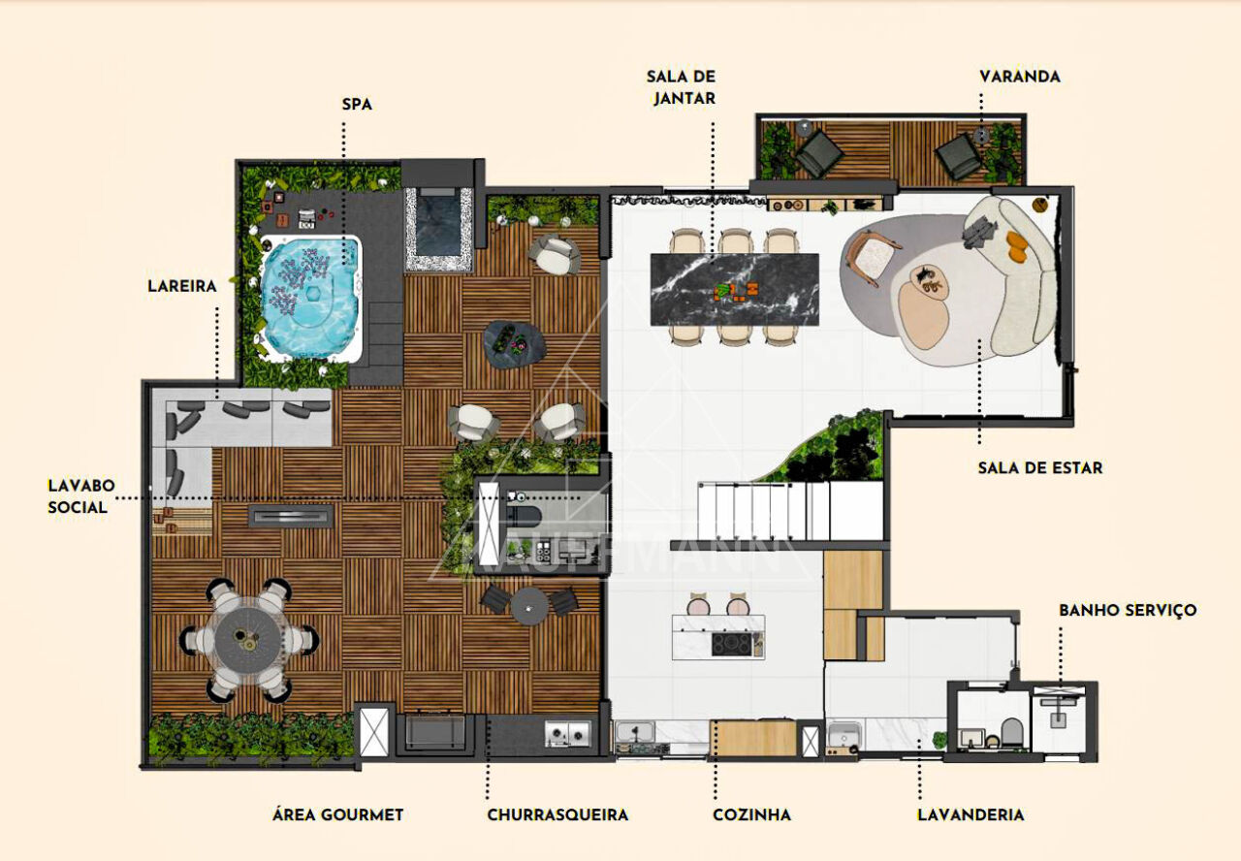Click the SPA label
click(357, 104)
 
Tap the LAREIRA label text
click(181, 286)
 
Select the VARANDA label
click(1019, 77)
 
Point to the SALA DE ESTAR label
click(1040, 468)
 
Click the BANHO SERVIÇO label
click(1128, 611)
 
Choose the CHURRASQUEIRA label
click(557, 815)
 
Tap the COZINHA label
click(751, 815)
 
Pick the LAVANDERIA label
click(971, 815)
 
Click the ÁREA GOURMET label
click(337, 815)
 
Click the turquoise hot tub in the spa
click(310, 298)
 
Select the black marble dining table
click(734, 289)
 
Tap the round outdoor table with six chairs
click(249, 641)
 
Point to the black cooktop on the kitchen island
click(731, 644)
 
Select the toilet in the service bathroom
click(1011, 732)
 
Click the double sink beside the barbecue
click(567, 734)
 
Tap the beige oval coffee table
click(924, 315)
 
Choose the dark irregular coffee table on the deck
click(514, 344)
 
